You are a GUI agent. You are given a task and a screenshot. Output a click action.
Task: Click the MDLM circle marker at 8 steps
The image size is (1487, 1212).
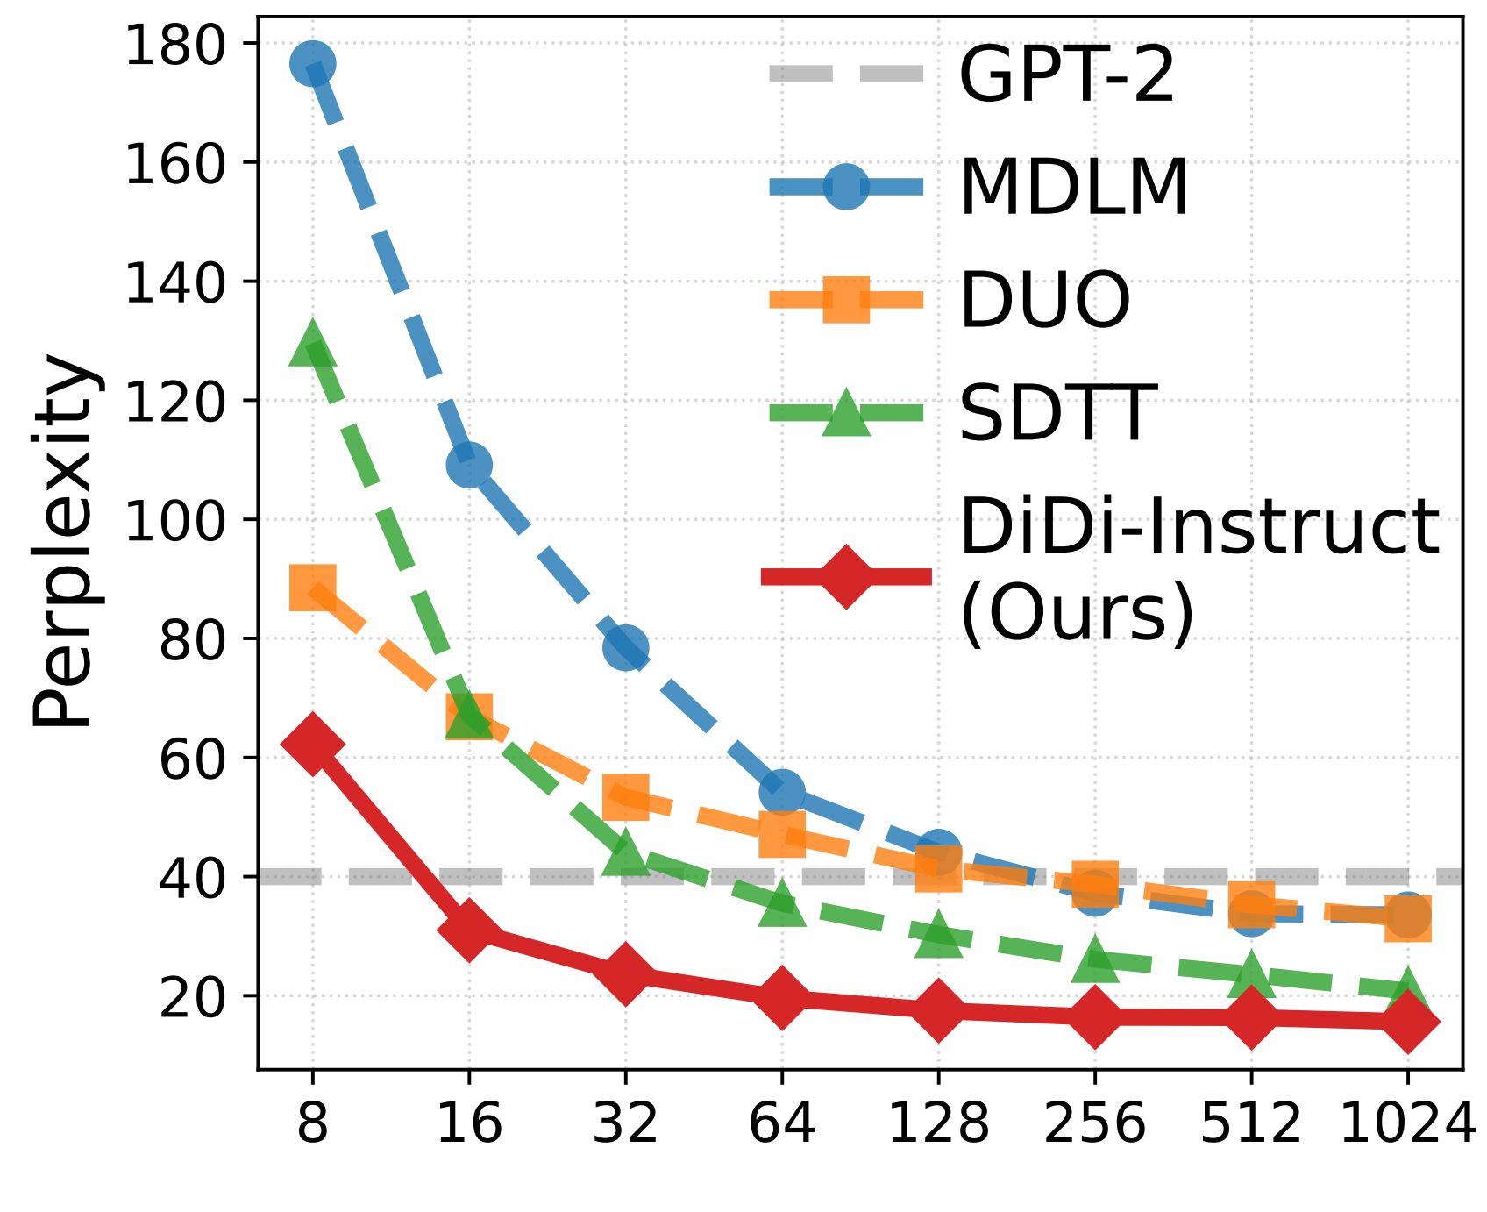(312, 63)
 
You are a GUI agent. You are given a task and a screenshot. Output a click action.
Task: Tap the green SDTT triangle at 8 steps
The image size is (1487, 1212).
(312, 345)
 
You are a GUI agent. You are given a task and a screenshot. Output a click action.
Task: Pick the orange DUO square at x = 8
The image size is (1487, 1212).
(312, 587)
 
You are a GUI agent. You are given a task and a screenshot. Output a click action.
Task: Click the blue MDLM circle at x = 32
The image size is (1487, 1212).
(625, 648)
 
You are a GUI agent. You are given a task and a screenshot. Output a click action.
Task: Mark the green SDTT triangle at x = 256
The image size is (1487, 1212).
(1094, 959)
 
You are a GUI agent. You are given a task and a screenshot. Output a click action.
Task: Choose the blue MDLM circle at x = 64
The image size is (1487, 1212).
(782, 793)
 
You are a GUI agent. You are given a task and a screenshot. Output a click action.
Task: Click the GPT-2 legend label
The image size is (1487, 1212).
(1066, 75)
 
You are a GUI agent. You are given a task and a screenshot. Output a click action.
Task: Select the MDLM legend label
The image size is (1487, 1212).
(1074, 187)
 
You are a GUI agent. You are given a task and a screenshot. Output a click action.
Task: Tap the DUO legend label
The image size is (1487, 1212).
(1045, 300)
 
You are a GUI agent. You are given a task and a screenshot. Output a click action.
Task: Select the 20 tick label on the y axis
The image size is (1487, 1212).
(193, 997)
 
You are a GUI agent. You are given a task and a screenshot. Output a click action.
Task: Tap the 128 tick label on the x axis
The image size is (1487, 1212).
(938, 1123)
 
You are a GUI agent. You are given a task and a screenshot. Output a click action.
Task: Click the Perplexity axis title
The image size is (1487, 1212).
(63, 541)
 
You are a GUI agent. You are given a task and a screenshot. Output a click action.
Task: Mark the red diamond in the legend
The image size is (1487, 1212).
(846, 576)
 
